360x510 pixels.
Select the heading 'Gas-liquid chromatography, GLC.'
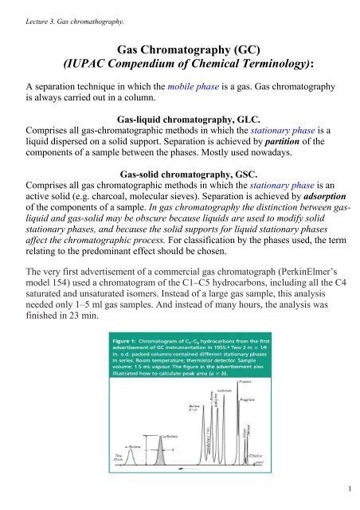180,132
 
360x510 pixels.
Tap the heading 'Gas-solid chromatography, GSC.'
180,198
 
